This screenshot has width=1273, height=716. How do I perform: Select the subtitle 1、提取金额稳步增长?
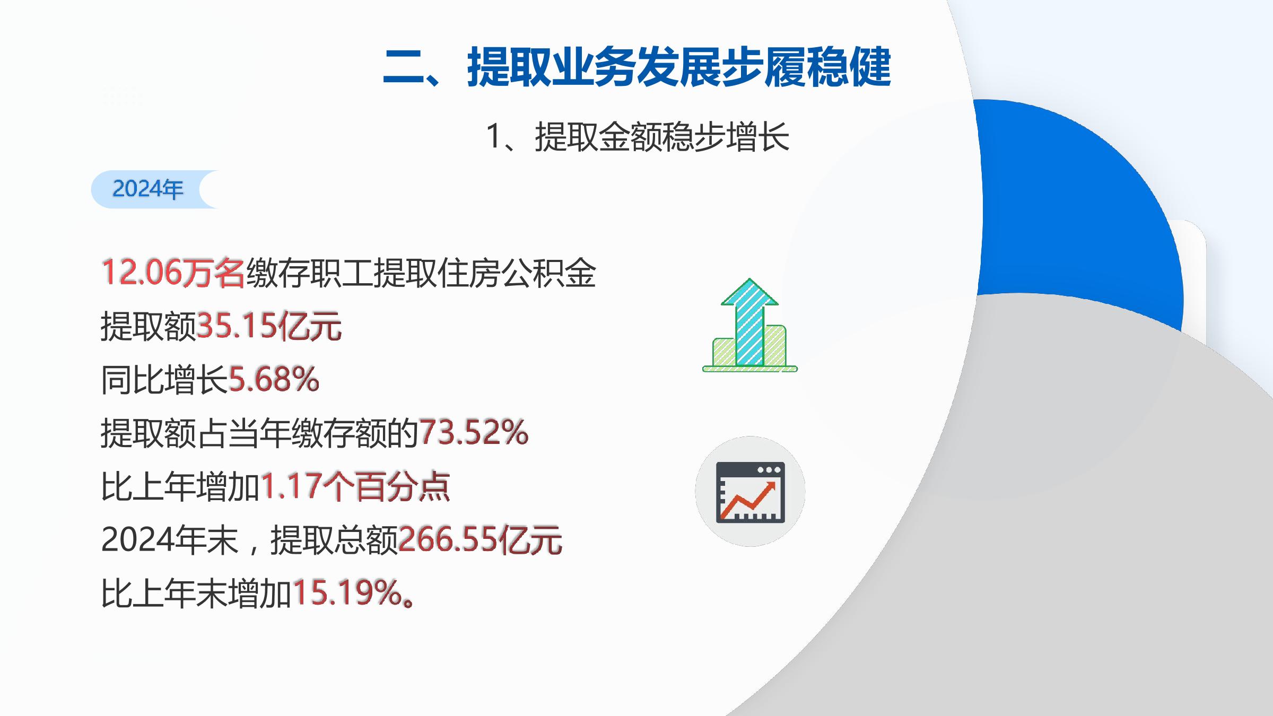(638, 137)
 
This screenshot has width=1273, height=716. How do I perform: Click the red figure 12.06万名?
(173, 273)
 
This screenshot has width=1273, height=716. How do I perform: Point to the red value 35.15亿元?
(269, 326)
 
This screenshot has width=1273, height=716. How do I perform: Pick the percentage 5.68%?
(274, 379)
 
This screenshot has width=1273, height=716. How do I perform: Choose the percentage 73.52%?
(474, 432)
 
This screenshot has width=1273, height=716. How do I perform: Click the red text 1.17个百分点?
(355, 486)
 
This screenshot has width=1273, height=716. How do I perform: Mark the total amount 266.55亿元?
(480, 539)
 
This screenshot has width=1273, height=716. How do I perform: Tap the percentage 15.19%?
(347, 592)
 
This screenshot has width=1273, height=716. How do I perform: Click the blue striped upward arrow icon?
(749, 322)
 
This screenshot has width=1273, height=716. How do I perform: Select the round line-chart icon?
(750, 491)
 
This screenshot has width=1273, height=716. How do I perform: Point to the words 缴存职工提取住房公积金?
(421, 273)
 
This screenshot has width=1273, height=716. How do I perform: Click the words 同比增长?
(164, 380)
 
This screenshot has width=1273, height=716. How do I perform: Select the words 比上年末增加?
(196, 593)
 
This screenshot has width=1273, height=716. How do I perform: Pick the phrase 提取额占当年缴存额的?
(260, 433)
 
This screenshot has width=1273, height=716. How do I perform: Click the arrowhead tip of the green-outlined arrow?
(749, 279)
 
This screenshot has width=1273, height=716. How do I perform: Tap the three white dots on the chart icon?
(769, 469)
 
